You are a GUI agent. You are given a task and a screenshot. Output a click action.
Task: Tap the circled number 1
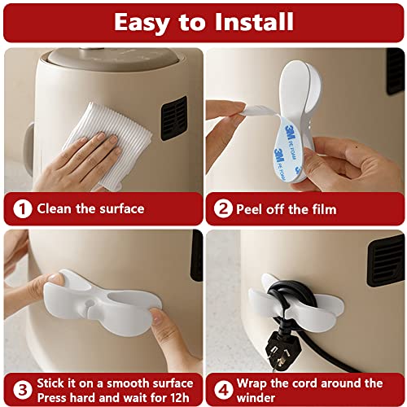pos(23,208)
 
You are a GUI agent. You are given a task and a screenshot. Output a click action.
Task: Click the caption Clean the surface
pos(90,208)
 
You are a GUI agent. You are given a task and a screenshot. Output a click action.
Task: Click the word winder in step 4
pos(260,396)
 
